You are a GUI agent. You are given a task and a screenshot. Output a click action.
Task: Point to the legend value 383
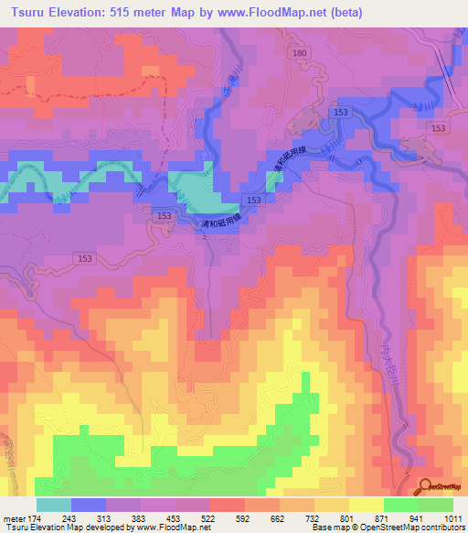pyautogui.click(x=155, y=517)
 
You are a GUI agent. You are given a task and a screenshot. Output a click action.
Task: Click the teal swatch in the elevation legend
pyautogui.click(x=53, y=505)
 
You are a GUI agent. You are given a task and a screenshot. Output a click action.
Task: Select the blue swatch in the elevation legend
pyautogui.click(x=88, y=505)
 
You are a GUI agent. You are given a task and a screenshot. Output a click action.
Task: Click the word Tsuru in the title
pyautogui.click(x=24, y=13)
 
